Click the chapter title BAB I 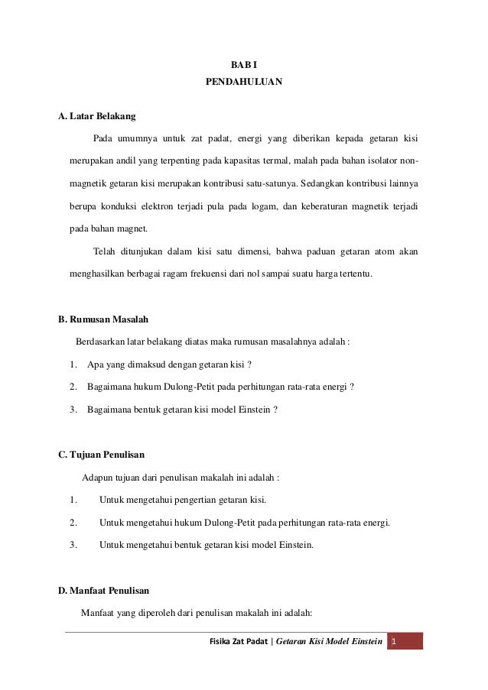244,64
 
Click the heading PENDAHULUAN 244,79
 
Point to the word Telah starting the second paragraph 106,251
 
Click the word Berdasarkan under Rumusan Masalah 103,342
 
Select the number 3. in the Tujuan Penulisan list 73,545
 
